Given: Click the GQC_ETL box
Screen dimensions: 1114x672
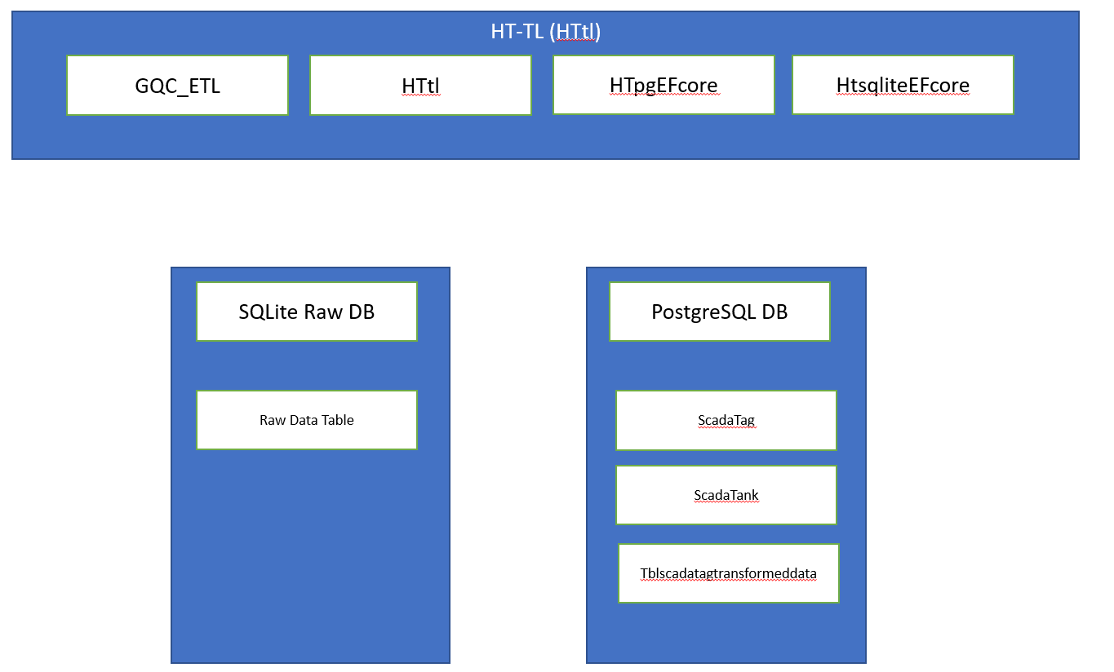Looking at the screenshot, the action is point(178,85).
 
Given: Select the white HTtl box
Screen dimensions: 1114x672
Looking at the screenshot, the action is point(421,85).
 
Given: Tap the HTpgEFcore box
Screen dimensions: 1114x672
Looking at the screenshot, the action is point(664,85).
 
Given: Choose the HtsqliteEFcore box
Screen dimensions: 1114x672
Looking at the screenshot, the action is point(903,85).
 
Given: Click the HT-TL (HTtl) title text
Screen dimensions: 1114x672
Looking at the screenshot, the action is point(545,31).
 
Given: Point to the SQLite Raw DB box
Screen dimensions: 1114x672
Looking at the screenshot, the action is point(307,312).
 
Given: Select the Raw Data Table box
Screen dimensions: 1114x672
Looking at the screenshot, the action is point(307,420).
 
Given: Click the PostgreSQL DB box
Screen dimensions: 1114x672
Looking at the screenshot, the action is point(720,312).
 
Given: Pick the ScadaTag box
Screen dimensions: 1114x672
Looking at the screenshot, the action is point(726,421).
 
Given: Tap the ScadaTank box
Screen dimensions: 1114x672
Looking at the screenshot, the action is point(726,495).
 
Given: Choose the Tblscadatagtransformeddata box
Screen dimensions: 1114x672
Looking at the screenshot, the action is point(729,573).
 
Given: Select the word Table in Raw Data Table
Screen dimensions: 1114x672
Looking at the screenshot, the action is point(338,420).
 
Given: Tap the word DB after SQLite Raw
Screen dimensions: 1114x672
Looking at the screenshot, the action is point(362,312).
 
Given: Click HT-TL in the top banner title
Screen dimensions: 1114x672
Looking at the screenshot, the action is point(517,31).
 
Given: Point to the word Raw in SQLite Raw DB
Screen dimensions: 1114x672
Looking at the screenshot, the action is point(323,312).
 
